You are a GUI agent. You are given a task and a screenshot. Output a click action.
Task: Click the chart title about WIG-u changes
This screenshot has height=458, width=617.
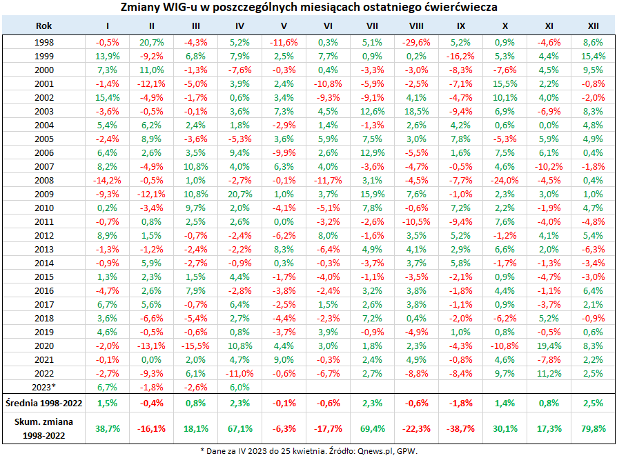(x=308, y=8)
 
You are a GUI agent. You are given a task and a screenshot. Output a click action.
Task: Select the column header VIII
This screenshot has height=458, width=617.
(x=416, y=26)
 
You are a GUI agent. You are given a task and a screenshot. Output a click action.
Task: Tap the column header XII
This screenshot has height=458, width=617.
(x=593, y=26)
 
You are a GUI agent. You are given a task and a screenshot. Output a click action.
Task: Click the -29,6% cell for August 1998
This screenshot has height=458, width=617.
(x=416, y=41)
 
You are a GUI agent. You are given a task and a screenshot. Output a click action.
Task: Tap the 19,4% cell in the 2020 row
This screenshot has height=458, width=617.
(x=549, y=345)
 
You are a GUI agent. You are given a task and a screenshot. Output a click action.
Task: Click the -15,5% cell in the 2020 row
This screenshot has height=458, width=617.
(x=195, y=345)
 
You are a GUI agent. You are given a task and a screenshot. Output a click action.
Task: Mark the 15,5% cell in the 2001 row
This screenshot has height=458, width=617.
(x=505, y=83)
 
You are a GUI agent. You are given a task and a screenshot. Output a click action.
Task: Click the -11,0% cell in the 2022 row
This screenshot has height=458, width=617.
(x=239, y=373)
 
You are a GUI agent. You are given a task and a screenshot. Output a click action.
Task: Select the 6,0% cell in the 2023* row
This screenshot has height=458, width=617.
(x=239, y=387)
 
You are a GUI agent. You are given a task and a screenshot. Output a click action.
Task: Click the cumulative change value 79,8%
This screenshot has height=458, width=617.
(x=593, y=428)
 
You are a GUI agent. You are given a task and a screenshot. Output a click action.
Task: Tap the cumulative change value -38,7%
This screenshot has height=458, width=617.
(x=460, y=428)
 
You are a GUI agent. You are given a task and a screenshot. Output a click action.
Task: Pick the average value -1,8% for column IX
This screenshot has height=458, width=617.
(x=460, y=401)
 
